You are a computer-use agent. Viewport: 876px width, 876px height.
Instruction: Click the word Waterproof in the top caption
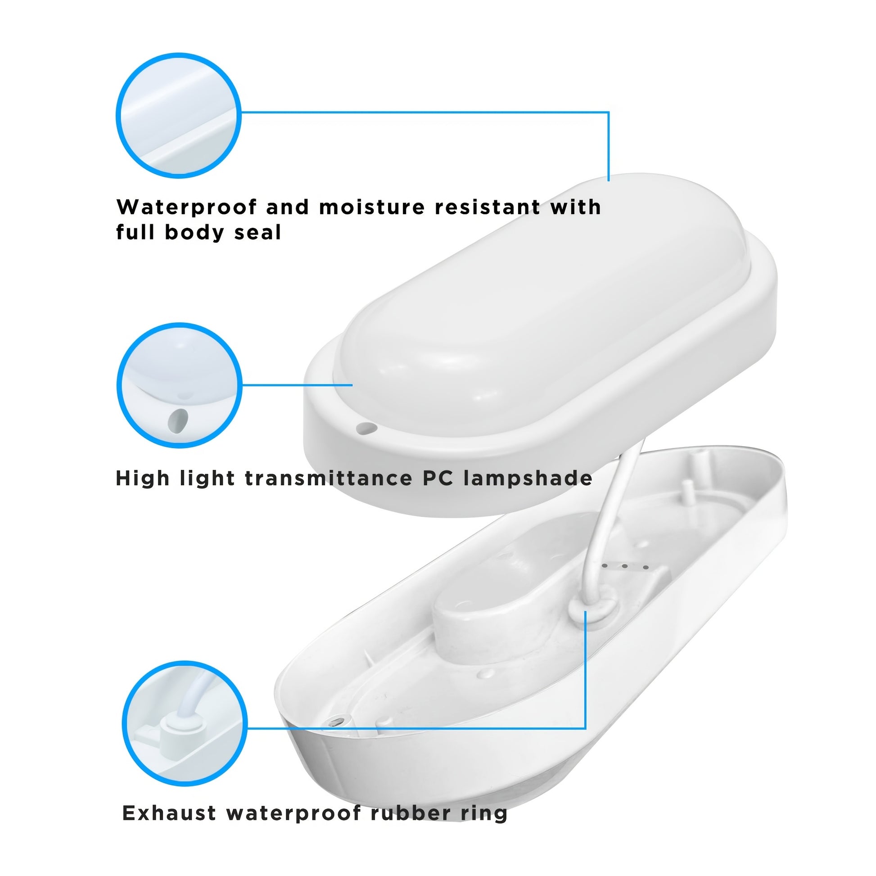187,207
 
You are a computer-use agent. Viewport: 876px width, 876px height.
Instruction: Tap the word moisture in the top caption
372,207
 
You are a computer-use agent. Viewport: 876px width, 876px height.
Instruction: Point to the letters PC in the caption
438,478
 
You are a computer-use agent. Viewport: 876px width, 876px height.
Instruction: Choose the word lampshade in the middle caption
528,478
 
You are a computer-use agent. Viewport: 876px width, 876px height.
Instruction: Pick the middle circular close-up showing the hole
180,385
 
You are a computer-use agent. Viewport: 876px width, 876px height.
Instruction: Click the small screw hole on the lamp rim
366,427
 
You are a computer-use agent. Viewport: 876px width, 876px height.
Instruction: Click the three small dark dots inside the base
625,566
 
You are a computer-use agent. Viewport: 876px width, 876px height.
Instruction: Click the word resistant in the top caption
488,207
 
